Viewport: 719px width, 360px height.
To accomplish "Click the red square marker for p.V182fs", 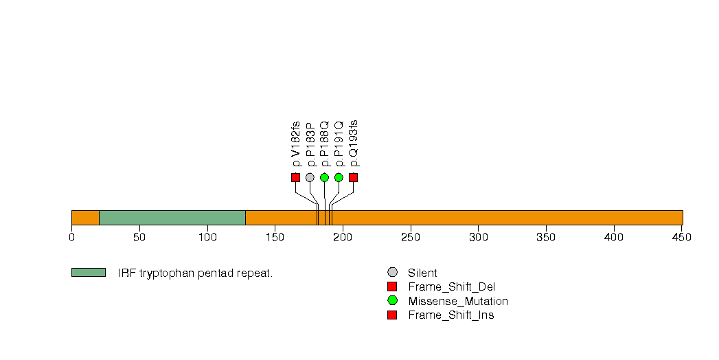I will coord(295,177).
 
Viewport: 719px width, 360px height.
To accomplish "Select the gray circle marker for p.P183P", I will coord(310,177).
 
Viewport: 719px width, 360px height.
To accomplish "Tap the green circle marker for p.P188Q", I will coord(324,177).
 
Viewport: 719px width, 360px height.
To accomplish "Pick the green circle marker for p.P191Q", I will coord(339,177).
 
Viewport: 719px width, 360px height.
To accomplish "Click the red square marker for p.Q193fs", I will coord(353,177).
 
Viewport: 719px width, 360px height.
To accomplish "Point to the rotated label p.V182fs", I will coord(296,144).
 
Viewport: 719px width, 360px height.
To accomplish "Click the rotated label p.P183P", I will coord(310,145).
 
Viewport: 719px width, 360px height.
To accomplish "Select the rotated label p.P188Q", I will coord(325,144).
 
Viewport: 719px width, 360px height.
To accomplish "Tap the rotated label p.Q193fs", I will coord(354,143).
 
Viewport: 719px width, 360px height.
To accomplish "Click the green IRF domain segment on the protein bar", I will coord(172,218).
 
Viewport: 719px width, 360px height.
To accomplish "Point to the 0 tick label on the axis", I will coord(71,237).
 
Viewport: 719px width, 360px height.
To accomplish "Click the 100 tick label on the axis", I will coord(207,237).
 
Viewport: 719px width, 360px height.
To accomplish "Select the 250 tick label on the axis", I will coord(410,237).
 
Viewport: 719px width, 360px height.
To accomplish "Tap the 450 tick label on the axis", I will coord(681,237).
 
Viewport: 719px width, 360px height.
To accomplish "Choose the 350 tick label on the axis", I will coord(546,237).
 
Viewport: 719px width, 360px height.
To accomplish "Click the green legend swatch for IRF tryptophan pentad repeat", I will coord(88,273).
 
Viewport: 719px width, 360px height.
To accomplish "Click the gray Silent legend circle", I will coord(392,273).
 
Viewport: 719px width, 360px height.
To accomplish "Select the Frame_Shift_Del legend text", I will coord(451,287).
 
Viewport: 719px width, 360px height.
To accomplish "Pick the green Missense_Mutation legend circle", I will coord(392,301).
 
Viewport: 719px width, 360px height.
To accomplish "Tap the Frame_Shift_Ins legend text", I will coord(450,315).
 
